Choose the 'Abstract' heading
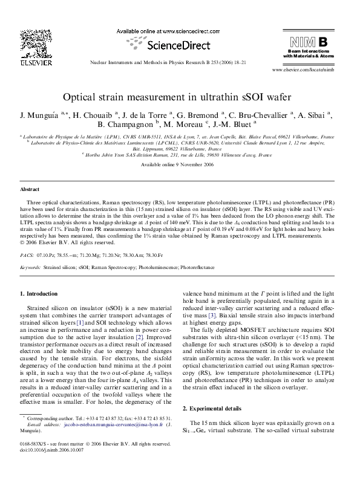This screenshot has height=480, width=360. click(x=30, y=189)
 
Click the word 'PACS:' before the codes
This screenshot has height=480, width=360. click(x=27, y=256)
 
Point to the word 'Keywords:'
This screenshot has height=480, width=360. click(x=31, y=267)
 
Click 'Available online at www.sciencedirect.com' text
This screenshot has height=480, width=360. click(x=159, y=31)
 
